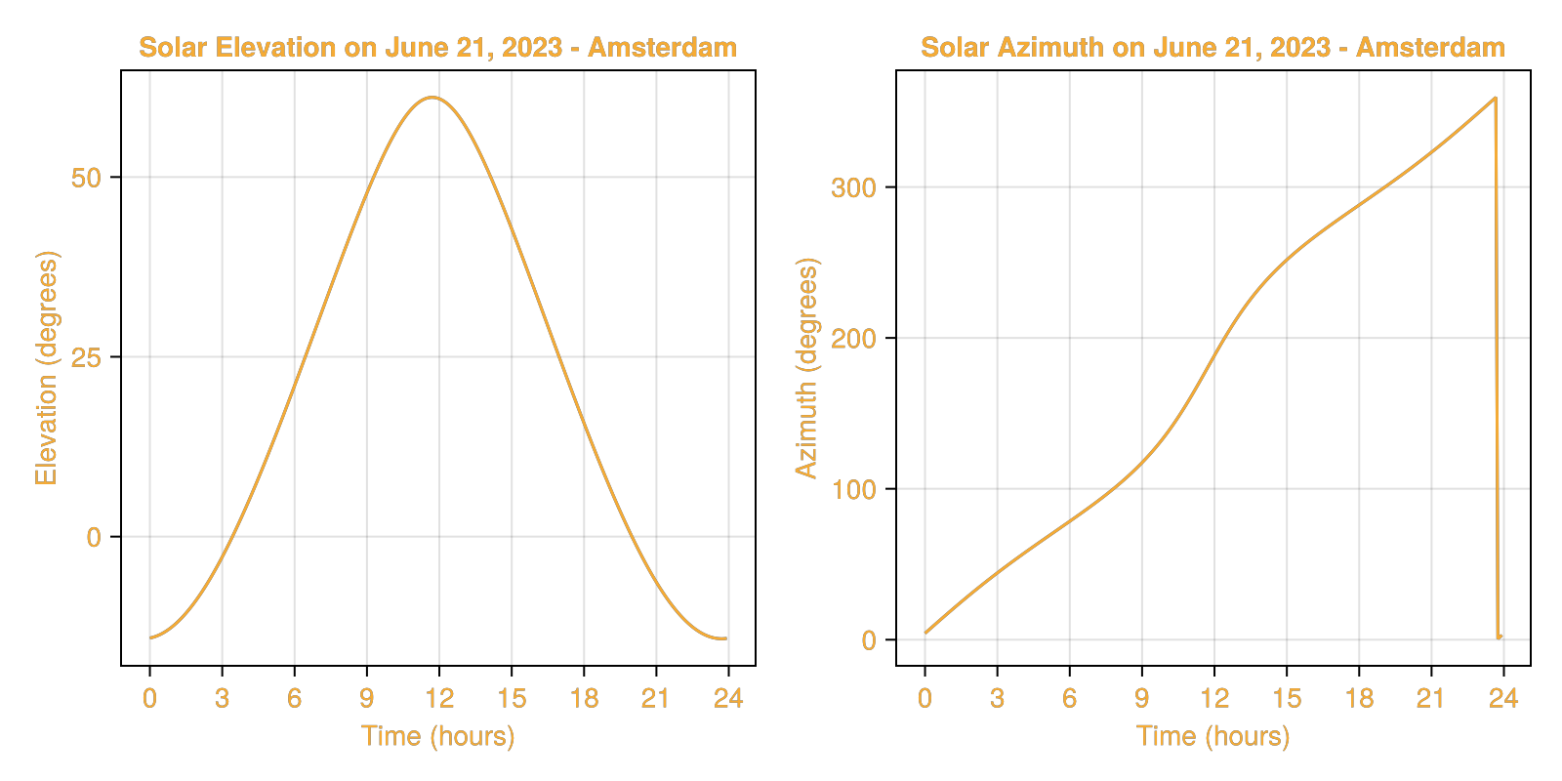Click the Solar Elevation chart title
437,48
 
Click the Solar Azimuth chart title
1213,48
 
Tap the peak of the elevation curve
432,98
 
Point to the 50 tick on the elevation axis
86,179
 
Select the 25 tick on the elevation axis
86,358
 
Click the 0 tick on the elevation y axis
94,538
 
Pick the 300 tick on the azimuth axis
853,188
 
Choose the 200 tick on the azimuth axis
853,340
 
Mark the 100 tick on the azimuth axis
853,490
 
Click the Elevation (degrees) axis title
47,368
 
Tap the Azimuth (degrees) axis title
806,368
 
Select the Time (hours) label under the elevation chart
437,736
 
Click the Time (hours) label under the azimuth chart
1213,736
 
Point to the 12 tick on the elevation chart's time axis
439,699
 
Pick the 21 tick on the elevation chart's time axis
656,699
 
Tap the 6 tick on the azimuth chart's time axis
1069,699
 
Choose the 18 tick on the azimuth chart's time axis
1359,699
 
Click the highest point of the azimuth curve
1496,98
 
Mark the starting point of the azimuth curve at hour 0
925,633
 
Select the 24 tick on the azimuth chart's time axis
1503,699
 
